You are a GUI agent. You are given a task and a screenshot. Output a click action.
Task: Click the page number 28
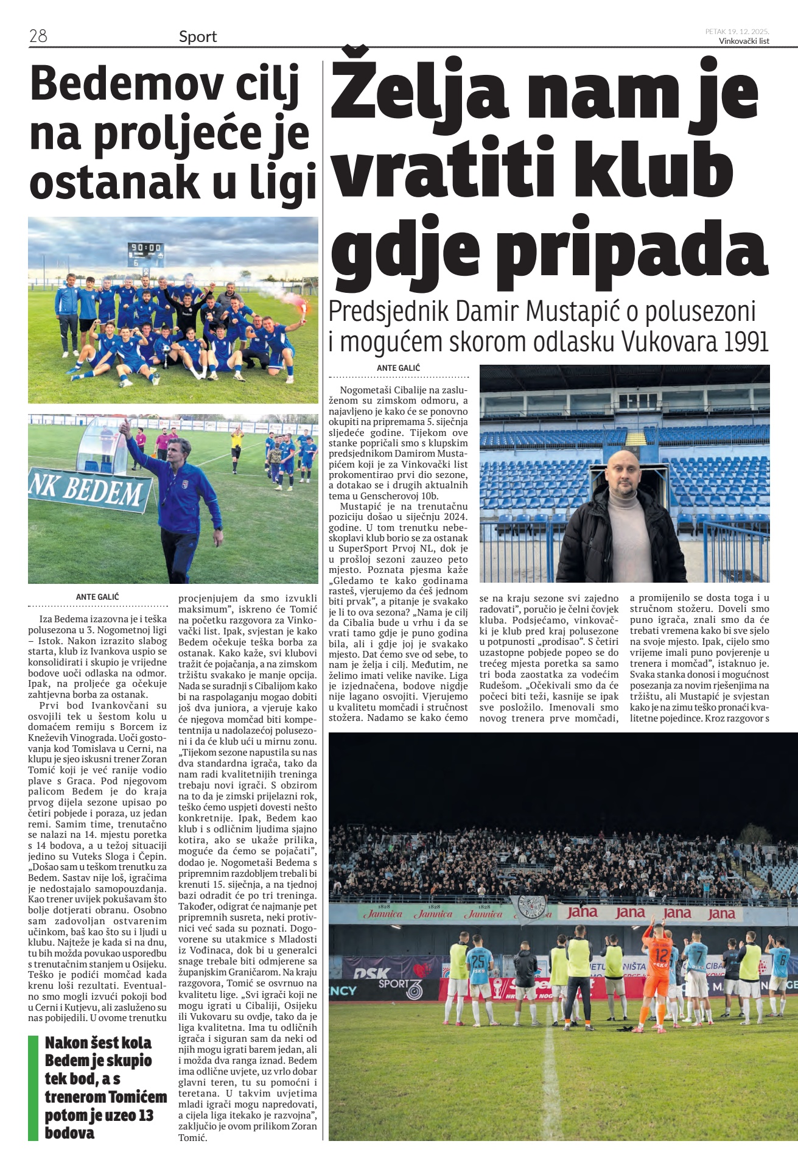[38, 36]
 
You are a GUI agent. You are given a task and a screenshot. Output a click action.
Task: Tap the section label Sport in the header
[198, 37]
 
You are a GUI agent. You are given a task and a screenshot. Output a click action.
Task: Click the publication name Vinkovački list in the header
[744, 41]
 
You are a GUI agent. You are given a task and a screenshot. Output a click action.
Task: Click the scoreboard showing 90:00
[145, 248]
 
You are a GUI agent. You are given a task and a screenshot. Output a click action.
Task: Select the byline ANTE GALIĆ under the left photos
[97, 597]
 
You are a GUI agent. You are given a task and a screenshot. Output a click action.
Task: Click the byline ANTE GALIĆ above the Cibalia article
[398, 368]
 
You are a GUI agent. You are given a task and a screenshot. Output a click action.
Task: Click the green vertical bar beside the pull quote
[33, 1088]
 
